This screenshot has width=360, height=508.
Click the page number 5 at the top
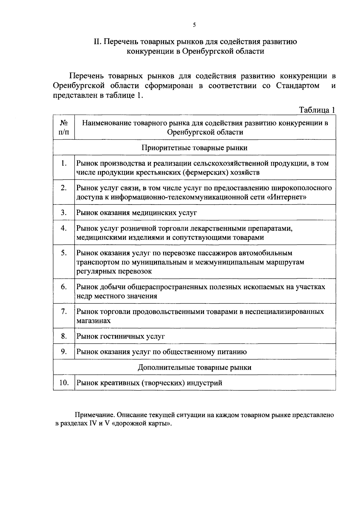[194, 25]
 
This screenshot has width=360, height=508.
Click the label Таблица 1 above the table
[317, 110]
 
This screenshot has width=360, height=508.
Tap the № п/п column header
[64, 127]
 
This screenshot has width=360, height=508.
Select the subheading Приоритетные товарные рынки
[194, 148]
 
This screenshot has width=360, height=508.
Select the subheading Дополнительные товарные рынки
[194, 367]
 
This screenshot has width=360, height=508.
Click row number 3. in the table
[64, 213]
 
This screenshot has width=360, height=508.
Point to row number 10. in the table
[64, 383]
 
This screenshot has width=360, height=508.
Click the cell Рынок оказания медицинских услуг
[136, 213]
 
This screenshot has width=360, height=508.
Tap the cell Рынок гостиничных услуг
[121, 336]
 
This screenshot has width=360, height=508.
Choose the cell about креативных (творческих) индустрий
[149, 383]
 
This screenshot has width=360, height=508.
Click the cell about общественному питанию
[161, 352]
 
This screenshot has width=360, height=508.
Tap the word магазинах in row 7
[93, 321]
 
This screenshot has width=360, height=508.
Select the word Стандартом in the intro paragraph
[298, 86]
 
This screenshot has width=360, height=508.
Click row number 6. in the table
[64, 287]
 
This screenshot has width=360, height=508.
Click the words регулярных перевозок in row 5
[114, 271]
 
